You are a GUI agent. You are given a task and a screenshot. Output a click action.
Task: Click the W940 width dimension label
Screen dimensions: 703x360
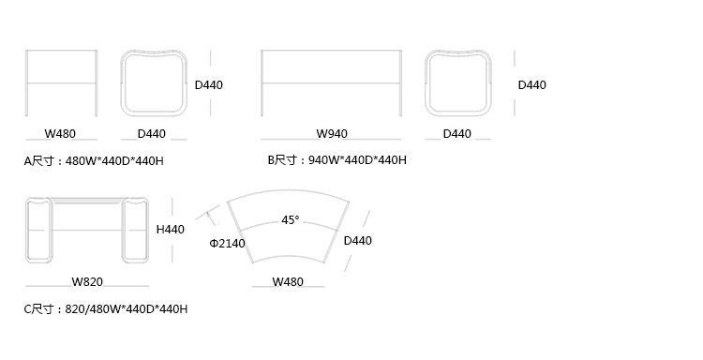tap(332, 134)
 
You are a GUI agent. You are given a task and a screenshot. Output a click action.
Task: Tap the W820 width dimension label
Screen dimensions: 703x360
tap(87, 282)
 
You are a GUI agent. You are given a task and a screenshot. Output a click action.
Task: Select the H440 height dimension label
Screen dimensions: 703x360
tap(171, 230)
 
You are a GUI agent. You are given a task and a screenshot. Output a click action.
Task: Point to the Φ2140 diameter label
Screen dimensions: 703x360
tap(228, 244)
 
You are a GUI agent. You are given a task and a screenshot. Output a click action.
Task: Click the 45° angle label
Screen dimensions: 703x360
tap(291, 220)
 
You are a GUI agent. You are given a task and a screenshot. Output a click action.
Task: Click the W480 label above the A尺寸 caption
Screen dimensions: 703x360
tap(60, 134)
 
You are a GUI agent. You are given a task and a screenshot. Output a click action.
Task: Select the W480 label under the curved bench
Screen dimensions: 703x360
tap(288, 282)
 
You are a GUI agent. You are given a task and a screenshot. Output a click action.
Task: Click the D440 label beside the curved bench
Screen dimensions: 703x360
tap(358, 241)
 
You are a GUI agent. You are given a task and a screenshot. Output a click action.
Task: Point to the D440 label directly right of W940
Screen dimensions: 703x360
tap(456, 134)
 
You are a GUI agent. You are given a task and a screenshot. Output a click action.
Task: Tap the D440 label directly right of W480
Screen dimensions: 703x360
tap(152, 134)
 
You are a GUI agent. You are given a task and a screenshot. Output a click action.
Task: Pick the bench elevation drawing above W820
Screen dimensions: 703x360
tap(86, 198)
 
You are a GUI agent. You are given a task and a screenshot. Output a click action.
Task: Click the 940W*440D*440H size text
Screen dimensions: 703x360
tap(358, 160)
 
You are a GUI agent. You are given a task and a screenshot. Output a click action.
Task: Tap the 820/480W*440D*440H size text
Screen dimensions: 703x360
tap(127, 308)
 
